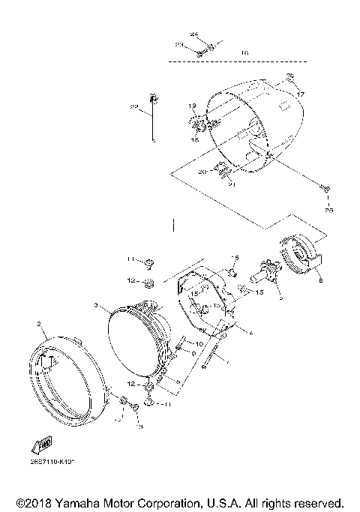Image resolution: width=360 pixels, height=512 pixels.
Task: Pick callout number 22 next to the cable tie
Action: (x=134, y=108)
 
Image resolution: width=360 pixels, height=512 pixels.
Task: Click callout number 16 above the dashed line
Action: (x=244, y=52)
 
